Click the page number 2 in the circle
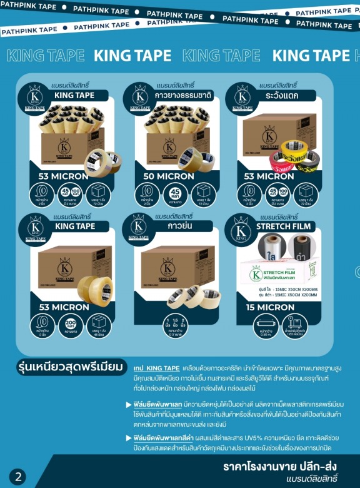click(x=17, y=477)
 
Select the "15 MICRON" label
click(x=270, y=307)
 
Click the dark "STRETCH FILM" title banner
click(x=284, y=226)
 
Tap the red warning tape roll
click(x=277, y=163)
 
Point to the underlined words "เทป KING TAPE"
click(x=157, y=367)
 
